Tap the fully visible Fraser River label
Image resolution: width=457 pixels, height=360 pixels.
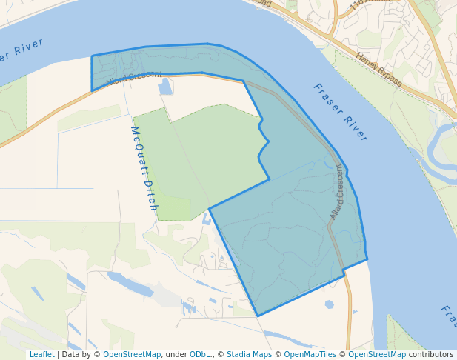(340, 112)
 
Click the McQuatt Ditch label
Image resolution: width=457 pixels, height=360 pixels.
(144, 167)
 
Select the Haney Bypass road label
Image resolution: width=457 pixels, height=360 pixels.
(378, 69)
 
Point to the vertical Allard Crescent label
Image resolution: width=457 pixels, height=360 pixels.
(337, 191)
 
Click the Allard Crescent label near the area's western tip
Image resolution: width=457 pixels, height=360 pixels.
(133, 78)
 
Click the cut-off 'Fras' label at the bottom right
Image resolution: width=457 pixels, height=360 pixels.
(448, 317)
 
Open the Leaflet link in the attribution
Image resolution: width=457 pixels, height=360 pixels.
(41, 355)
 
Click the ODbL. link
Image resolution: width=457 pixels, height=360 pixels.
(200, 355)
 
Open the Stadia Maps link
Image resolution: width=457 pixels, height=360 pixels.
(249, 355)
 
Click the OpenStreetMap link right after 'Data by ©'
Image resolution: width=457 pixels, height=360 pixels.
(132, 355)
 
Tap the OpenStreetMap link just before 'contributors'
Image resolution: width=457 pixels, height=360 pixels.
(376, 355)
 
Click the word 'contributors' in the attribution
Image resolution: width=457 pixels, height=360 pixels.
(431, 355)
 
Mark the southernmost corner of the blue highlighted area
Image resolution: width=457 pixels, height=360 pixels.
(258, 316)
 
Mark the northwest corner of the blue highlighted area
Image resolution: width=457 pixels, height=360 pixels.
(92, 56)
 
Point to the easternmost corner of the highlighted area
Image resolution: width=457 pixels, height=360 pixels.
(367, 259)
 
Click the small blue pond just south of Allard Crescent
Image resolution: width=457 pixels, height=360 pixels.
(165, 87)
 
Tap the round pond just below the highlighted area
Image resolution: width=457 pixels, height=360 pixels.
(329, 304)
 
